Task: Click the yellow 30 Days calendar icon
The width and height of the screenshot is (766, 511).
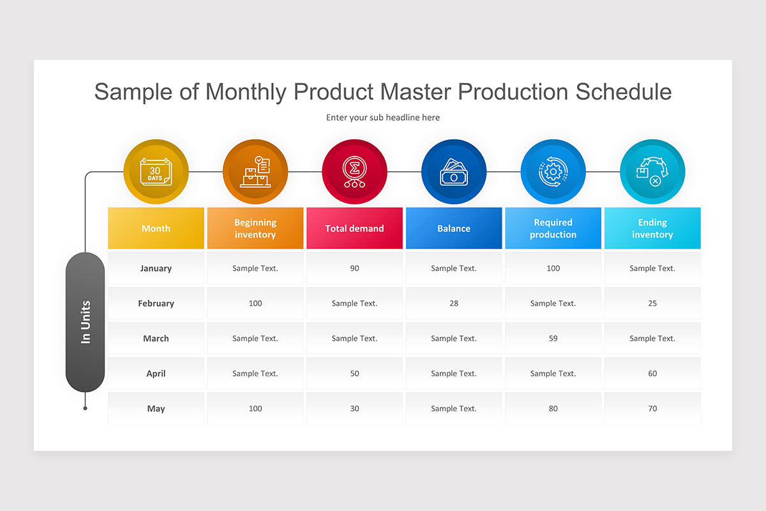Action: pos(156,172)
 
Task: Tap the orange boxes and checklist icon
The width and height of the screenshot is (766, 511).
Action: pos(255,172)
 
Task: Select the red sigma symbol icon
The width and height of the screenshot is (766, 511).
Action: pos(354,172)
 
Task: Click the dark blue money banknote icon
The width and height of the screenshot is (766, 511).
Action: pos(454,172)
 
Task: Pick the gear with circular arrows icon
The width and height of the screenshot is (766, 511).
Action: pos(553,172)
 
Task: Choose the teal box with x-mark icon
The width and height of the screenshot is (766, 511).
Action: pos(652,172)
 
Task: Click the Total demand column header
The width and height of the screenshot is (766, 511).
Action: pos(354,228)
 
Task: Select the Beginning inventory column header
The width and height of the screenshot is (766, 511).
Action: pos(255,228)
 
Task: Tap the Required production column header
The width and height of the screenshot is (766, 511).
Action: pos(553,228)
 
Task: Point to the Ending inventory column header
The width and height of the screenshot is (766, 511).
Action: pos(652,228)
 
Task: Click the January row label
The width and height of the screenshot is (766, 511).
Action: pos(156,268)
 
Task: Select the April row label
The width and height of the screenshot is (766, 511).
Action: pos(156,374)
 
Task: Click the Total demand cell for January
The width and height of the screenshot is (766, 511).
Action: pos(354,268)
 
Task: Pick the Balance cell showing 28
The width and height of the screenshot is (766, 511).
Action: pos(454,303)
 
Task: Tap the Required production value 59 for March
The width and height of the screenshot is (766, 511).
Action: pos(553,339)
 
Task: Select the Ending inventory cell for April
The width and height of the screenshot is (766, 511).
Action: pos(652,374)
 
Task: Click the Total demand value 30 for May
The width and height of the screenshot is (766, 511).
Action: pos(354,409)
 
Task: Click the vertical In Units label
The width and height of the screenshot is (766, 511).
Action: pos(86,322)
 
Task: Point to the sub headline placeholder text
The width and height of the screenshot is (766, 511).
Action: pos(383,118)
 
